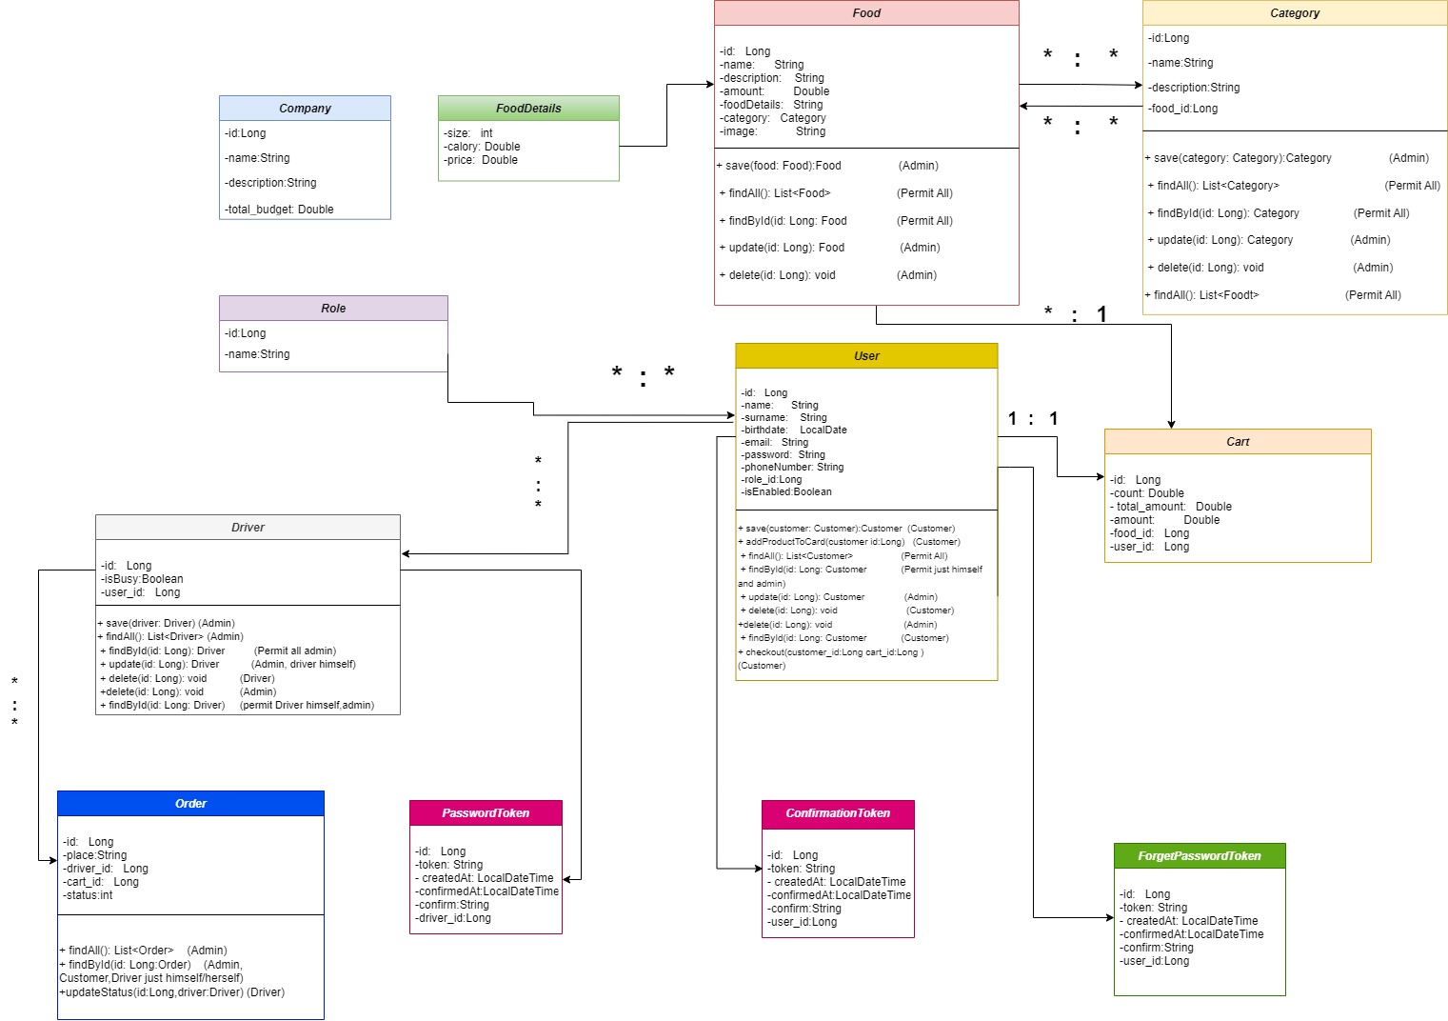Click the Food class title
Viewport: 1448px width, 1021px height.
point(866,13)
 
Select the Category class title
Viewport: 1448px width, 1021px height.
point(1295,13)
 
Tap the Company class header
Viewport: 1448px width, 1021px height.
point(305,109)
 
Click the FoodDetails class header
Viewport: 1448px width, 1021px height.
point(528,109)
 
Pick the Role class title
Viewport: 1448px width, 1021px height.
point(333,309)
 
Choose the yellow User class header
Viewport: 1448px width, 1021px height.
point(866,356)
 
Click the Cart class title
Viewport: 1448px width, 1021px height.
point(1238,442)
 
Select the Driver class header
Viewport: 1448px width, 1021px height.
point(248,528)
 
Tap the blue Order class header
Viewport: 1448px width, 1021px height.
point(190,804)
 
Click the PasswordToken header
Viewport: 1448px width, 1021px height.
point(486,813)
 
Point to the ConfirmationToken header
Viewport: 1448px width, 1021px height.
point(838,813)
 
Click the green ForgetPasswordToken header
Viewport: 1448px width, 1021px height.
point(1200,856)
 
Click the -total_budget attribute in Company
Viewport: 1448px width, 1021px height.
point(279,210)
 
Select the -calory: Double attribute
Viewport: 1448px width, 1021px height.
point(482,147)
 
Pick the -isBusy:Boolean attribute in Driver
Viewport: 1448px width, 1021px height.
point(142,579)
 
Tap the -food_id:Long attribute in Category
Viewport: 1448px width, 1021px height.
point(1182,109)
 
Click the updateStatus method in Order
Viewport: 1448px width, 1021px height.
point(172,992)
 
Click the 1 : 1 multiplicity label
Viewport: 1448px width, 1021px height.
point(1033,419)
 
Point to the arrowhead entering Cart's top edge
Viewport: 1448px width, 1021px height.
point(1171,424)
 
